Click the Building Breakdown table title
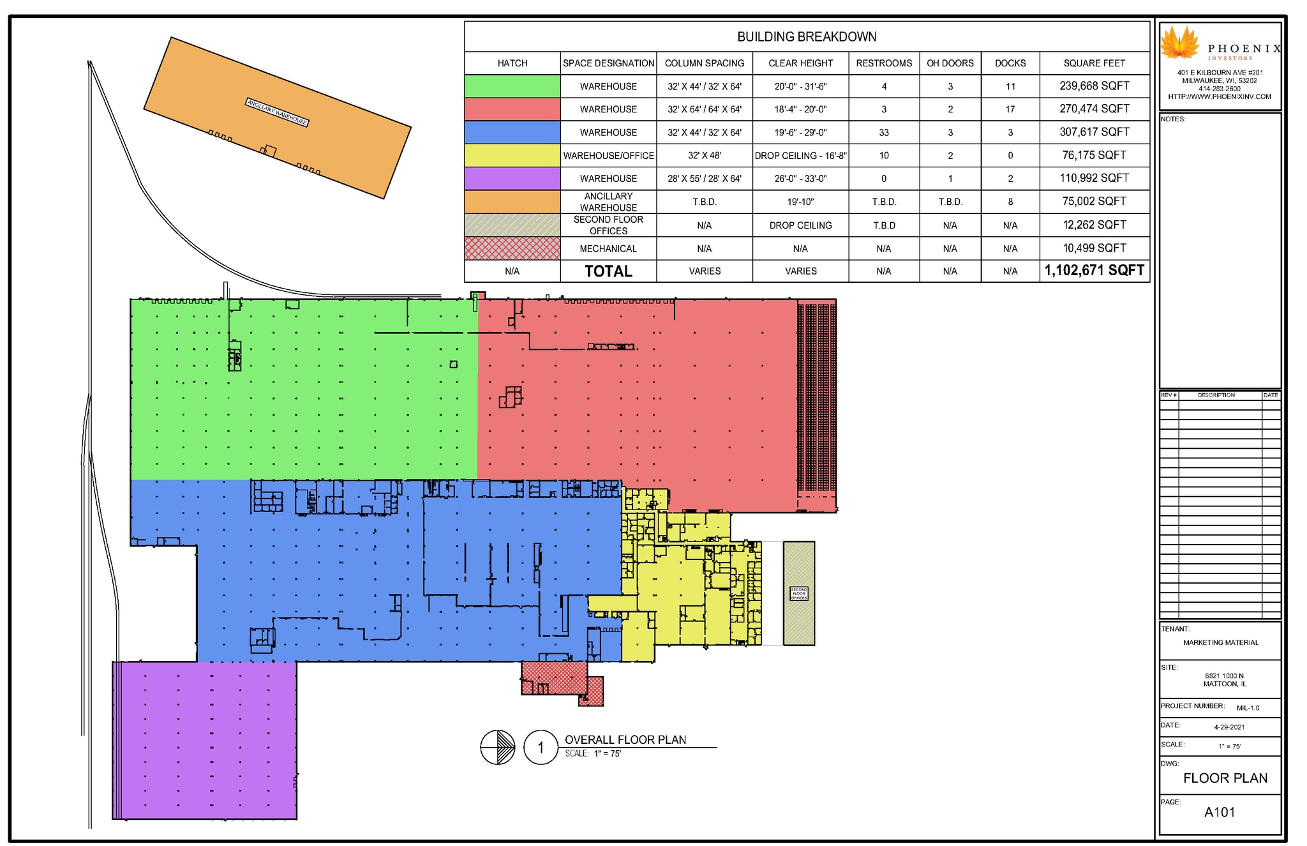click(x=806, y=37)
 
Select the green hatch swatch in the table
click(x=512, y=86)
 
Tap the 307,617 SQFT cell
click(x=1094, y=132)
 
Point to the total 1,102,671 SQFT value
click(x=1094, y=271)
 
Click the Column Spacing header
click(x=704, y=63)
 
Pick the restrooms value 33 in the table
click(x=883, y=133)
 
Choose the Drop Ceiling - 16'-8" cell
click(x=800, y=156)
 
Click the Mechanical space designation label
click(x=608, y=249)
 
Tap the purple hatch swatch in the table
click(x=512, y=179)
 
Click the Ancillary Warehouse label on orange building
click(x=278, y=112)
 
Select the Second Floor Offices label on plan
click(x=798, y=594)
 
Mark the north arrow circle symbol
click(x=497, y=747)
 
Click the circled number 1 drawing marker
click(x=541, y=747)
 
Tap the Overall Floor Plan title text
click(x=625, y=740)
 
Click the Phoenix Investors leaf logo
click(x=1179, y=43)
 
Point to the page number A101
click(x=1219, y=812)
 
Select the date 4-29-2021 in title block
click(x=1229, y=727)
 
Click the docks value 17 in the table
click(x=1010, y=110)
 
